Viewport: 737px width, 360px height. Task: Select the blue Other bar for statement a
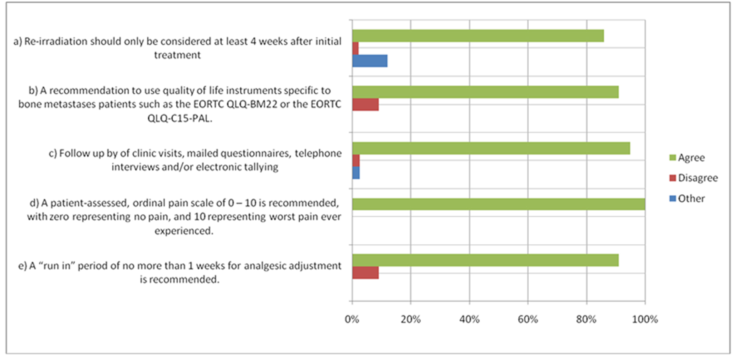point(370,61)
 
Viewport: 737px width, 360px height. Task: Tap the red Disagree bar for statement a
point(355,48)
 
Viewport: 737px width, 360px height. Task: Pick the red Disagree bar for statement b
point(365,104)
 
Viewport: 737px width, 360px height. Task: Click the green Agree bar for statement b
point(485,92)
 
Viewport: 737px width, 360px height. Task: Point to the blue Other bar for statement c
point(356,173)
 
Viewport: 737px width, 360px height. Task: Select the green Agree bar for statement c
point(491,148)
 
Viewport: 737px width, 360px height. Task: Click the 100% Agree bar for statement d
point(498,204)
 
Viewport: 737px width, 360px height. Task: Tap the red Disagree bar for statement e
point(365,273)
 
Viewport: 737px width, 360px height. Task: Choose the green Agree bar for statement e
point(485,260)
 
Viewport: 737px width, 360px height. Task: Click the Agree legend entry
point(691,158)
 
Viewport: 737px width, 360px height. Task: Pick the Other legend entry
point(691,199)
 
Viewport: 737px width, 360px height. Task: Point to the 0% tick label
point(352,320)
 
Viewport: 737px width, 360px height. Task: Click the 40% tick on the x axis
point(469,320)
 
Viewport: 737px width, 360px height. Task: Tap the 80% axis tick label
point(586,320)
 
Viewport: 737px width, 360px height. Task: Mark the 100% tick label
point(645,320)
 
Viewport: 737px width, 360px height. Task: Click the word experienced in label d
point(183,231)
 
